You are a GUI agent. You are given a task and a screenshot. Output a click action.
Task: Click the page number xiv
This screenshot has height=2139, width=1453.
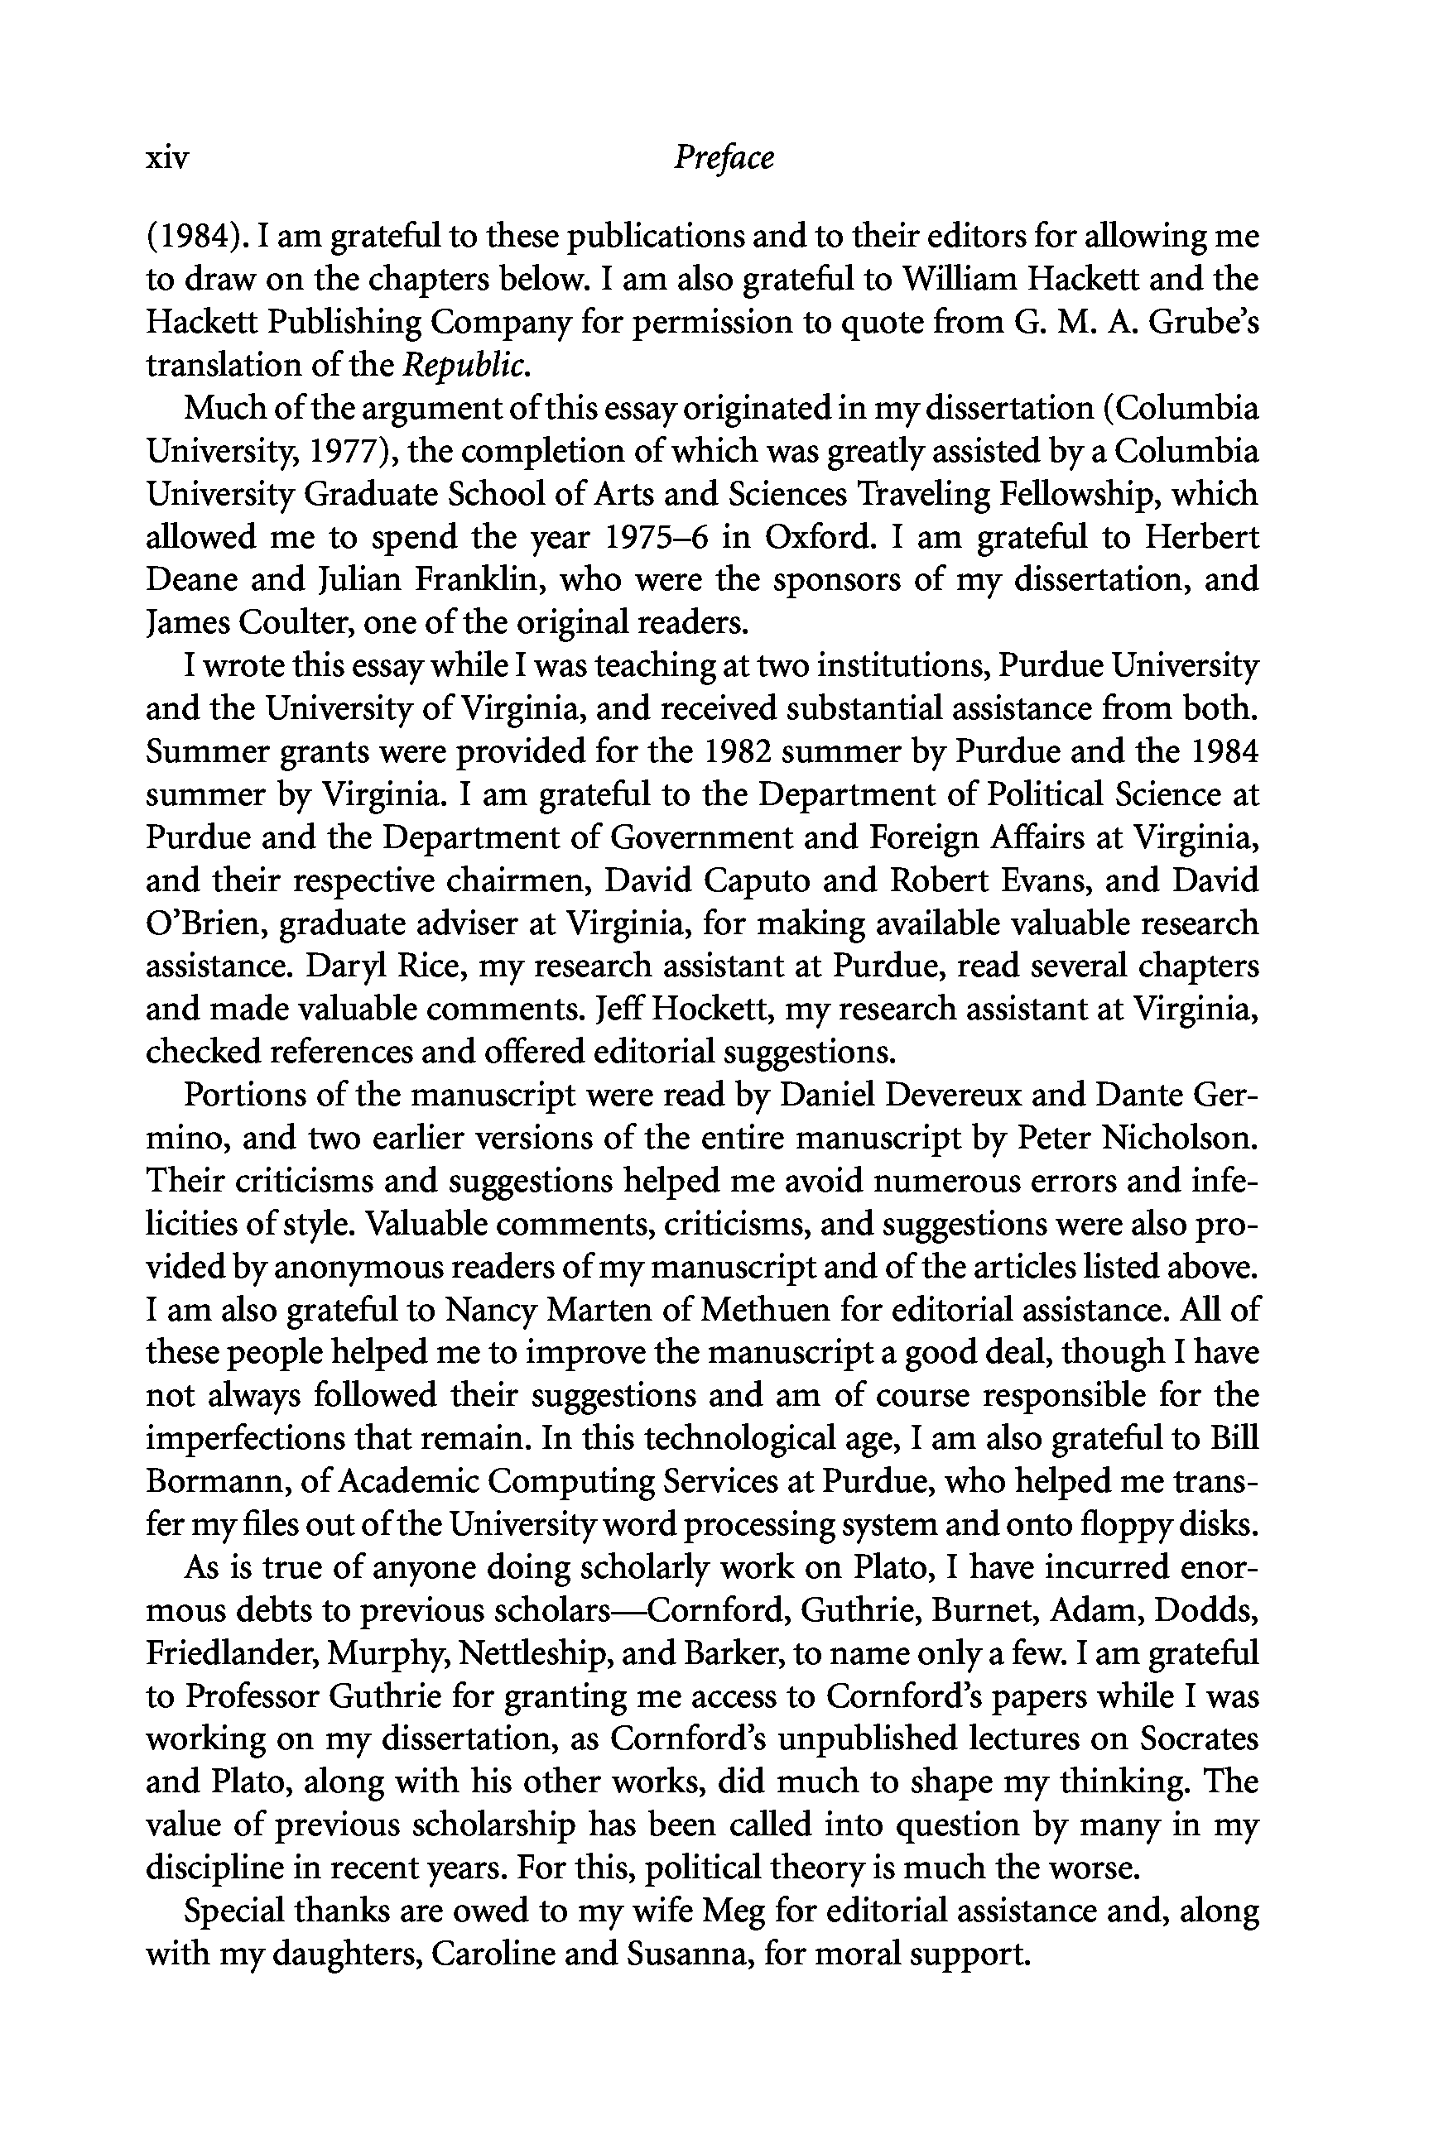pyautogui.click(x=166, y=159)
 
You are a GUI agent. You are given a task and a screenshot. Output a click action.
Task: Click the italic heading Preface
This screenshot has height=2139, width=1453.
pyautogui.click(x=724, y=157)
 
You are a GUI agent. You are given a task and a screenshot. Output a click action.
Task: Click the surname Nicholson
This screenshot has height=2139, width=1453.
pyautogui.click(x=1179, y=1138)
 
